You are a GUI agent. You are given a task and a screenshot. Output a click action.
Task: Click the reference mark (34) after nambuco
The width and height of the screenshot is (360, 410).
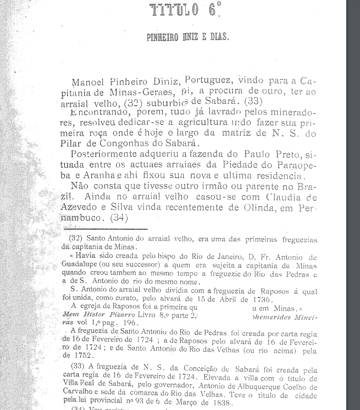(x=119, y=217)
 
